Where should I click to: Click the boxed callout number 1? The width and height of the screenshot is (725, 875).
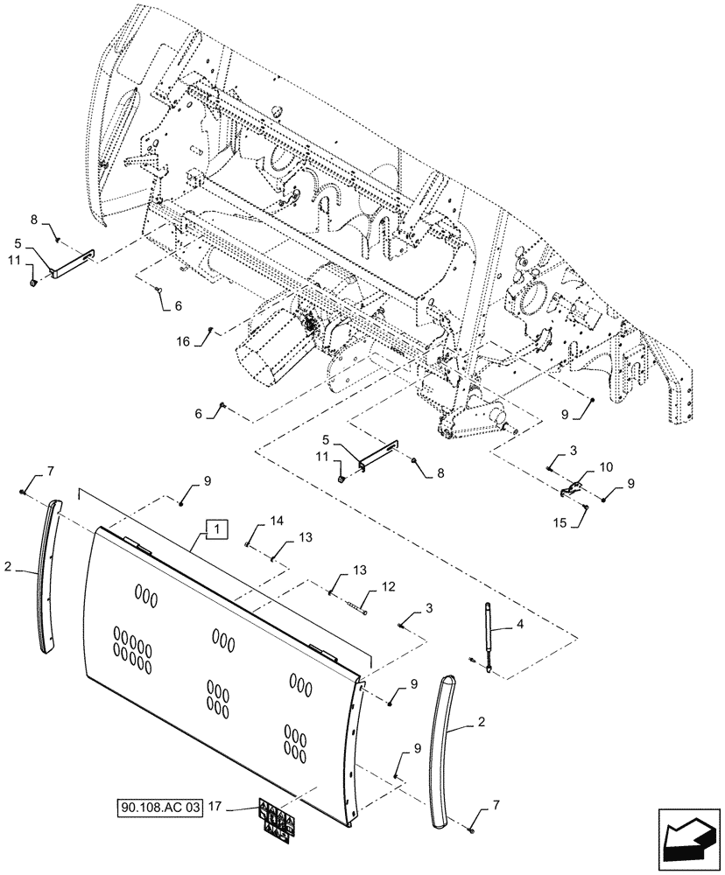[x=216, y=528]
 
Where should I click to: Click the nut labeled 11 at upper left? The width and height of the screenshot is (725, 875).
[x=33, y=282]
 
